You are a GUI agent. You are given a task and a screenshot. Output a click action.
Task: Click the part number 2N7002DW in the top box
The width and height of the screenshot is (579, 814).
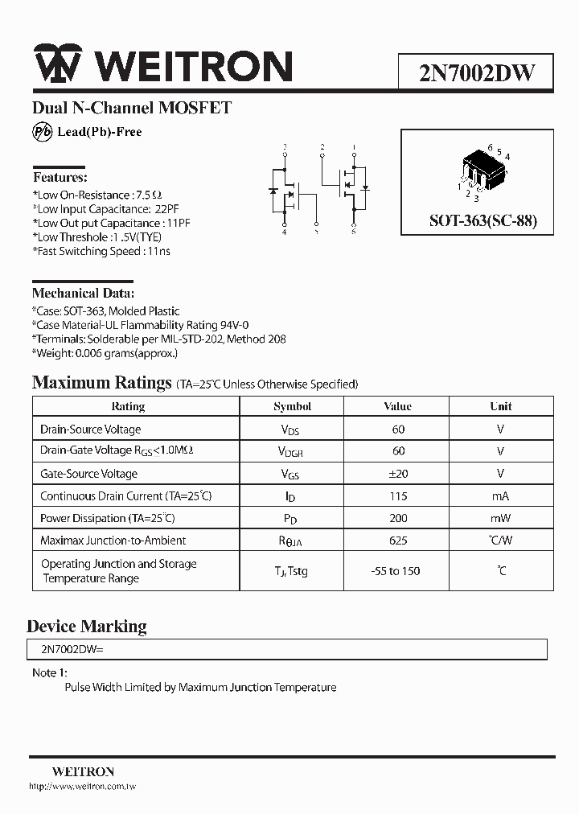(476, 73)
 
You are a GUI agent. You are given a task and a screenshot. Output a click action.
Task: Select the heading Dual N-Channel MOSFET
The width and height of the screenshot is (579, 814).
(132, 108)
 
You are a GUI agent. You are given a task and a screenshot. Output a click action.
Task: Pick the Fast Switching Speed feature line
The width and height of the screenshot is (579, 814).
(101, 251)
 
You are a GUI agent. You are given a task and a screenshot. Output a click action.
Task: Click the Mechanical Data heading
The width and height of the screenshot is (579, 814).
(83, 293)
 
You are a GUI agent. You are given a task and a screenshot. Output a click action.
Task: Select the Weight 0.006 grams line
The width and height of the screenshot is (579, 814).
(105, 352)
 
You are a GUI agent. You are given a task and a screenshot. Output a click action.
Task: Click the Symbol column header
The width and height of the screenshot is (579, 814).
(292, 406)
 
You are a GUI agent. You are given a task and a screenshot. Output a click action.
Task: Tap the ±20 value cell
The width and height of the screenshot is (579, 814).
(398, 474)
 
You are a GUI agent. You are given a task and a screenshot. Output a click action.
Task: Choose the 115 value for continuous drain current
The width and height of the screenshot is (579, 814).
(398, 496)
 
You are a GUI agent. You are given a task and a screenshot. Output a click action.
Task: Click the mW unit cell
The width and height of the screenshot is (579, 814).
(500, 519)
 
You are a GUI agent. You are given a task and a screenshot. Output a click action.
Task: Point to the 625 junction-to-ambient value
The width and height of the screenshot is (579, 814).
(398, 541)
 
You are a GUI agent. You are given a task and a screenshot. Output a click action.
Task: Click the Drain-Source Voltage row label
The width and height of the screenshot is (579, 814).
(90, 430)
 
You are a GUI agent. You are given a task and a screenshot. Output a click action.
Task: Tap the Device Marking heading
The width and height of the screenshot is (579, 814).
(87, 626)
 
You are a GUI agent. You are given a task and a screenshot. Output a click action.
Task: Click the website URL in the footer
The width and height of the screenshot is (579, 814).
(82, 786)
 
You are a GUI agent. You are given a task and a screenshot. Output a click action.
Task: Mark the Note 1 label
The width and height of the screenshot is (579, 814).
(50, 672)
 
